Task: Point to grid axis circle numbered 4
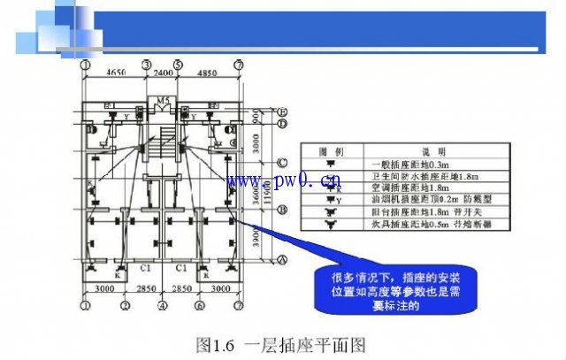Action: click(163, 306)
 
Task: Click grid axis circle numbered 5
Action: click(178, 65)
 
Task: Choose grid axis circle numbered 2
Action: click(126, 306)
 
